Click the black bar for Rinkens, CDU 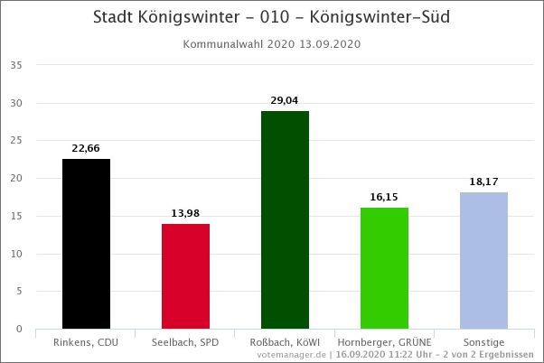86,244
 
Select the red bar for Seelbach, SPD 185,276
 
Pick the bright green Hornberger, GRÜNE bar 384,268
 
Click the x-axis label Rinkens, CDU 86,342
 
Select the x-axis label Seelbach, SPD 185,342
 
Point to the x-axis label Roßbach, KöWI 285,342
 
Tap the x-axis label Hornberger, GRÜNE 384,342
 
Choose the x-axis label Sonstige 483,342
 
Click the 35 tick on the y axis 16,65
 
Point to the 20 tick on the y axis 16,178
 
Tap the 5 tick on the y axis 19,291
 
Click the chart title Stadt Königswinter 272,17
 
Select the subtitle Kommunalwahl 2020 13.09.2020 272,43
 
